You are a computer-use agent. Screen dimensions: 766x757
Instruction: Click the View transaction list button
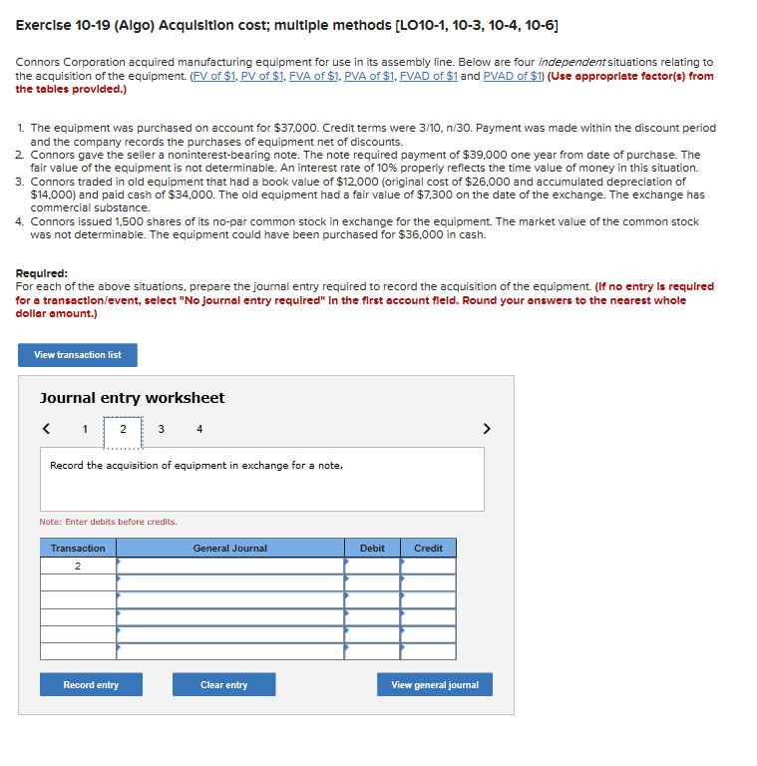pos(77,355)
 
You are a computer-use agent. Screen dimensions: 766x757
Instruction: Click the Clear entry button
pos(223,685)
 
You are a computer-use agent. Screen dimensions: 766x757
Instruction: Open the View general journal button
pos(434,685)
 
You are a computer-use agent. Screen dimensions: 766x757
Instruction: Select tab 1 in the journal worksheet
pos(85,430)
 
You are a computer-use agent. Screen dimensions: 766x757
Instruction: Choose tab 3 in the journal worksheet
pos(162,430)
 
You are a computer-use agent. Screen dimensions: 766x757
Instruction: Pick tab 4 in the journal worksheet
pos(199,430)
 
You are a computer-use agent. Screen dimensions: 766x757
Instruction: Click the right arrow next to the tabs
pos(487,430)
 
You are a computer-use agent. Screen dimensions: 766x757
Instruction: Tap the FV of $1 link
pos(211,76)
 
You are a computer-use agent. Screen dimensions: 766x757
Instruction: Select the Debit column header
pos(372,549)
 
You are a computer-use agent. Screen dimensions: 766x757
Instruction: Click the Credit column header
pos(428,549)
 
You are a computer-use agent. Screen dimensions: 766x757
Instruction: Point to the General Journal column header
pos(229,549)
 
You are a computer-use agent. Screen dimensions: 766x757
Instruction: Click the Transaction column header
pos(78,549)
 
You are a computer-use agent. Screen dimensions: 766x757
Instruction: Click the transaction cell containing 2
pos(78,566)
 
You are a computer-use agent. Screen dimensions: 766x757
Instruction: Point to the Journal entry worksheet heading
pos(132,398)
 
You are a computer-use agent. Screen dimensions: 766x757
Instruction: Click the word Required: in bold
pos(42,273)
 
